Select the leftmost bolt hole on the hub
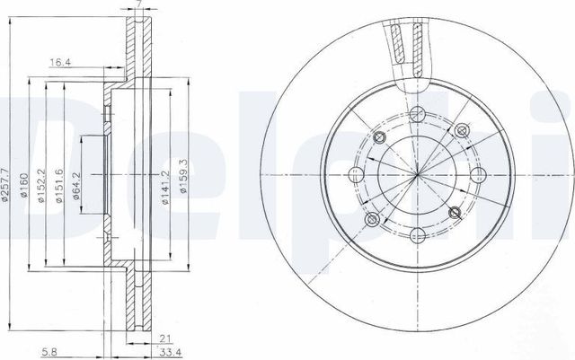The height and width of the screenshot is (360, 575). pos(356,174)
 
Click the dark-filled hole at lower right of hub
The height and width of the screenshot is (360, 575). pos(456,212)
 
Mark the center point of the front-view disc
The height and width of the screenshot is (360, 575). pos(417,174)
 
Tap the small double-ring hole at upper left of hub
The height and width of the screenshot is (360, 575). pos(378,136)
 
